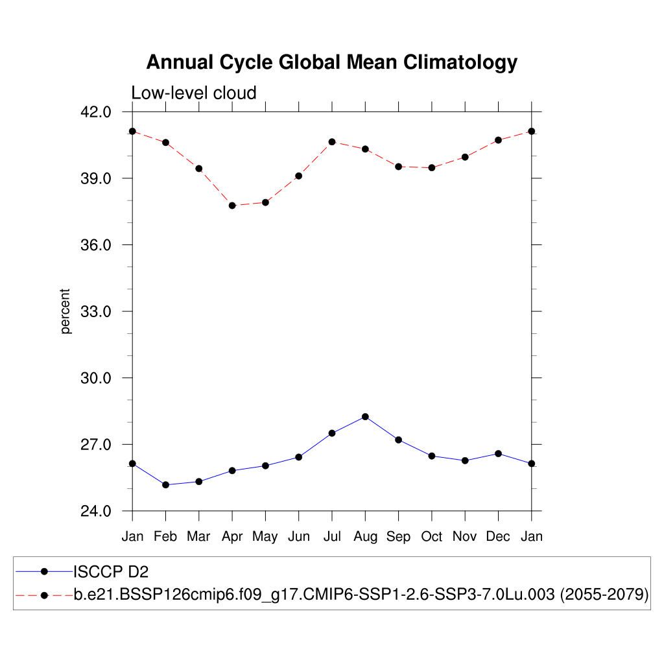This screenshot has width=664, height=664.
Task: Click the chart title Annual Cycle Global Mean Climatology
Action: click(332, 62)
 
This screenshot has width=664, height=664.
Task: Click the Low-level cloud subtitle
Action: click(194, 93)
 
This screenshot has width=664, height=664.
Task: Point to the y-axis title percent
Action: click(65, 311)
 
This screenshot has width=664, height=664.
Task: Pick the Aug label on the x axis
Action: click(365, 536)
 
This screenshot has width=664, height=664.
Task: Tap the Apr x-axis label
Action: click(232, 536)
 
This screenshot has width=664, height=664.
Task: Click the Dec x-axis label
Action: click(498, 536)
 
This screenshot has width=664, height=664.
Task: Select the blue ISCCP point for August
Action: click(365, 417)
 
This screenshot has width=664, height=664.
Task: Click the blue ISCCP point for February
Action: click(165, 485)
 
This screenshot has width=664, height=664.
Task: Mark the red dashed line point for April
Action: click(232, 206)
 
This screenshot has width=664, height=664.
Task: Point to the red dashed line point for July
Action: click(332, 142)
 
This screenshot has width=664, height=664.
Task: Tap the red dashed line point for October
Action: click(432, 168)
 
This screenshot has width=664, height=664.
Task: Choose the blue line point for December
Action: click(498, 453)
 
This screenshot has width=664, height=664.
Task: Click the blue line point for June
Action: click(299, 457)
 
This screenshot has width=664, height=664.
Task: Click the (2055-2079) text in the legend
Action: click(604, 595)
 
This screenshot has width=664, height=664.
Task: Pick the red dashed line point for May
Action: click(265, 202)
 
